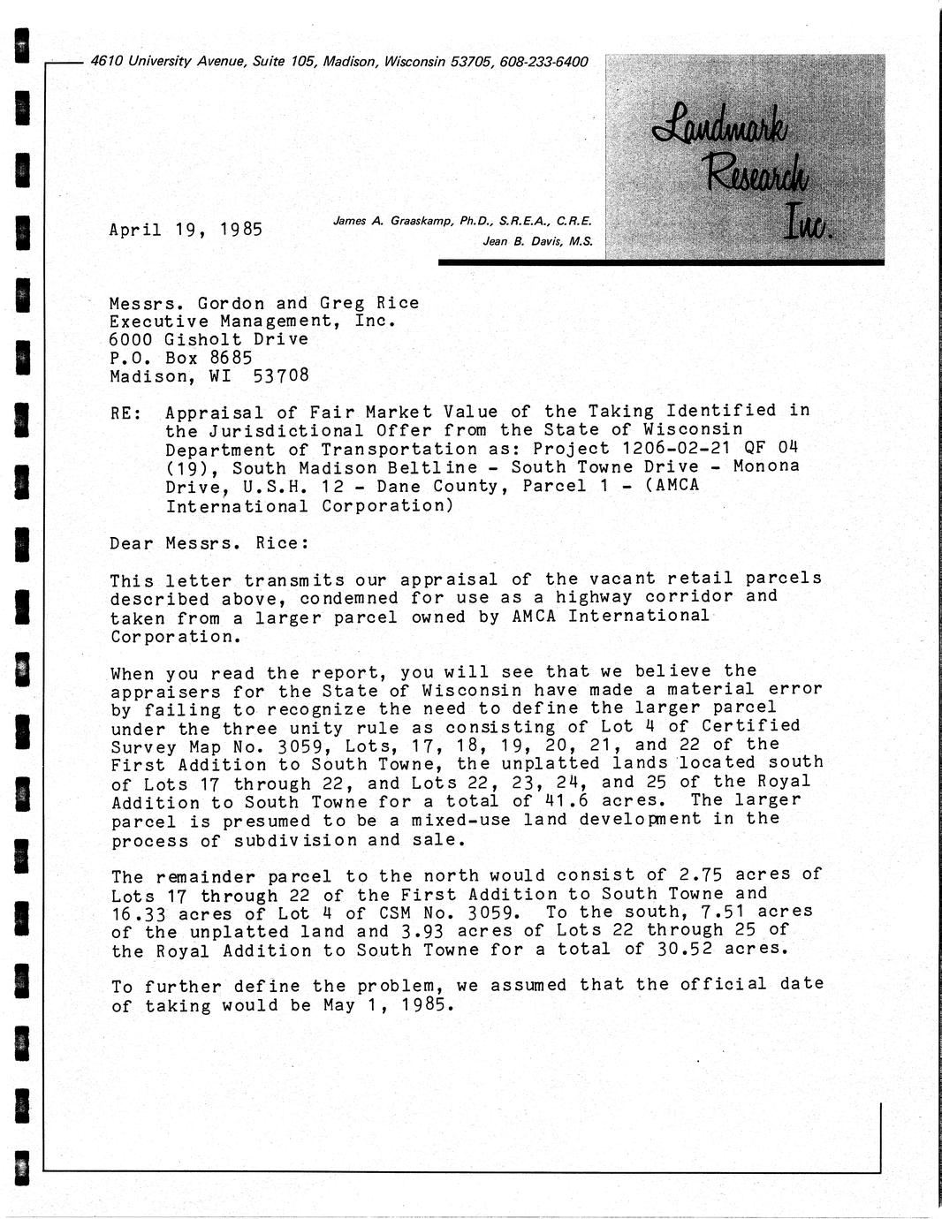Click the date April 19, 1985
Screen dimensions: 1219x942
(x=186, y=230)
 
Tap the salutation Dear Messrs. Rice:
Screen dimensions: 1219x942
(x=209, y=543)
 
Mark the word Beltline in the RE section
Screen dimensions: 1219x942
(x=440, y=468)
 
